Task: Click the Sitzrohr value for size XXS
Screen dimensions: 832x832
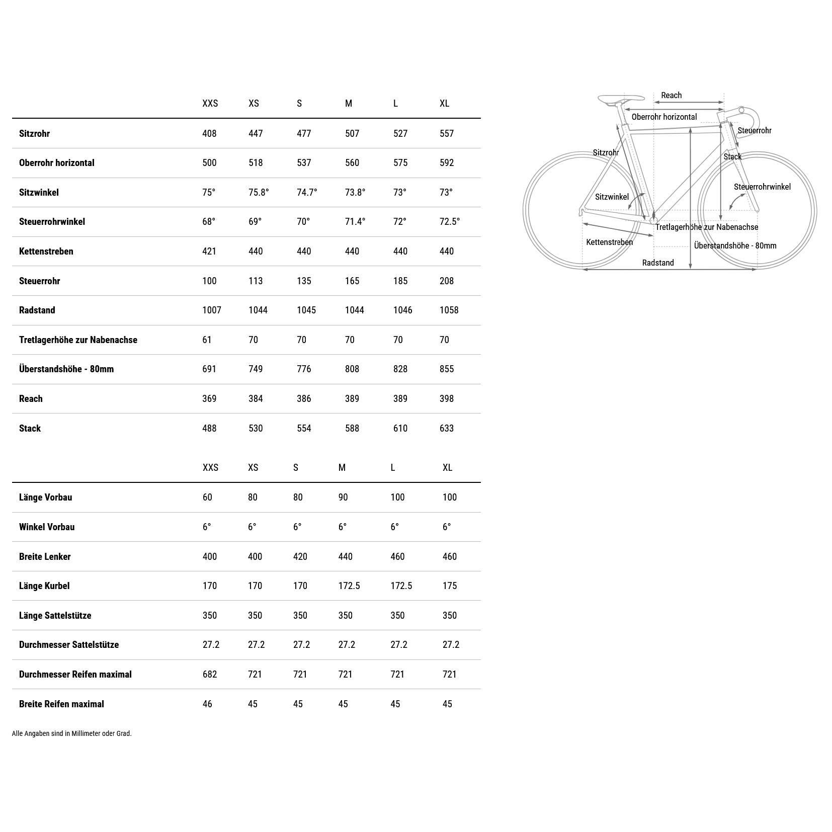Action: [x=209, y=133]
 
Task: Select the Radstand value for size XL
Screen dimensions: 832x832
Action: [x=449, y=310]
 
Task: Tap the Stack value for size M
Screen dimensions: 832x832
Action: [x=352, y=428]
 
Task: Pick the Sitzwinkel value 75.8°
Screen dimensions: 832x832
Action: [x=259, y=192]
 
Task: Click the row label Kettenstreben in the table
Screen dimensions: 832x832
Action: [x=46, y=251]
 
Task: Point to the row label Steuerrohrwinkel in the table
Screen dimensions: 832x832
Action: [x=52, y=221]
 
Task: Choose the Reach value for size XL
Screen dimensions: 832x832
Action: [x=447, y=398]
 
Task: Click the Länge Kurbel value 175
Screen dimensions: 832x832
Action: [x=450, y=586]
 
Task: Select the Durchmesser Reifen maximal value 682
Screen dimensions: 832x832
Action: [x=210, y=674]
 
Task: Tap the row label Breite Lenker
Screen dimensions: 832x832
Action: [x=45, y=556]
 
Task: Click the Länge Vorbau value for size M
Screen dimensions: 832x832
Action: [x=343, y=497]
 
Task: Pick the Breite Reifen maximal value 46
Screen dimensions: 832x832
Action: [x=207, y=704]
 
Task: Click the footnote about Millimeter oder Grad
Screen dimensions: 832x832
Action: [x=72, y=733]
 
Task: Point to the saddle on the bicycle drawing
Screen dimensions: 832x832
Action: [x=621, y=98]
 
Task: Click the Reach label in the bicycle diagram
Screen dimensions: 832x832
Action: [x=671, y=95]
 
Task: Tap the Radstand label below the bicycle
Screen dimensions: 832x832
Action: [x=658, y=263]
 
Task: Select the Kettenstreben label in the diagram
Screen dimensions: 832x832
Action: [x=609, y=242]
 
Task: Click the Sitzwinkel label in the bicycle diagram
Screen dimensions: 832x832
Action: [x=612, y=197]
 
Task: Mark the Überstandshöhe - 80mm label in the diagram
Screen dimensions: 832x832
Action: [x=735, y=245]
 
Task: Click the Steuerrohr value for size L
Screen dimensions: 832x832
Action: [x=400, y=281]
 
